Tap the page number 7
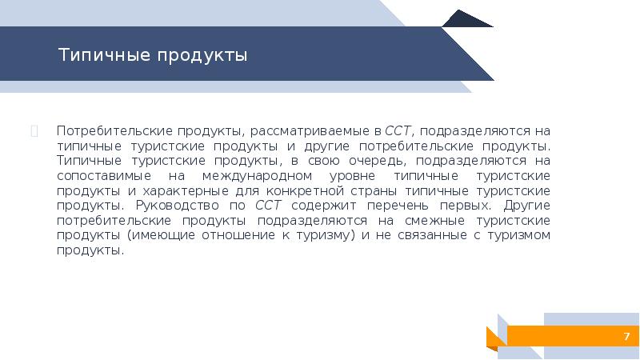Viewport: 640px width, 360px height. coord(626,336)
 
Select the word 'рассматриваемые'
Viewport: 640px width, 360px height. coord(310,131)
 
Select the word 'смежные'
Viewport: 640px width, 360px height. coord(439,220)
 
